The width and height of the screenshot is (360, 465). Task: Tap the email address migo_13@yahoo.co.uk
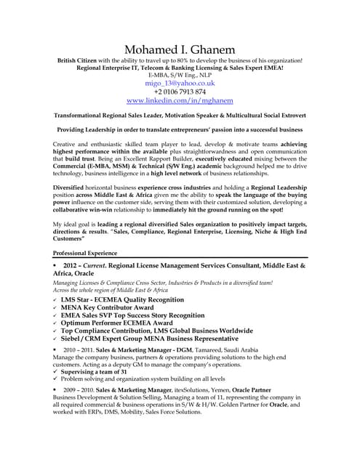(180, 84)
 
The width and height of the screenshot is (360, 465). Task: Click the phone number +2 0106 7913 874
(180, 92)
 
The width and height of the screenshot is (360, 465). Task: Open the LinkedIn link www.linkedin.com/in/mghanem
(180, 101)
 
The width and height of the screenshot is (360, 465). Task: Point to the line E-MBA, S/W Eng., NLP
(180, 74)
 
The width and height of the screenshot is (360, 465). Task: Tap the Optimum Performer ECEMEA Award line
(121, 328)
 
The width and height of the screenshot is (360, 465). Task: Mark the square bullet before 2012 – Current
(55, 267)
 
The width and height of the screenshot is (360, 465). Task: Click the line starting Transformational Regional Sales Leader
(180, 115)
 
